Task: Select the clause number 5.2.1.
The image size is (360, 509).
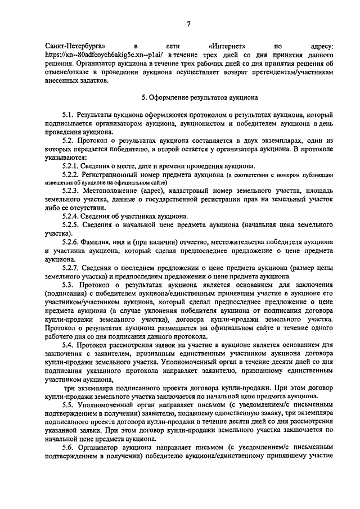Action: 72,165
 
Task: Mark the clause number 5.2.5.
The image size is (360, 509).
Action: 72,224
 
